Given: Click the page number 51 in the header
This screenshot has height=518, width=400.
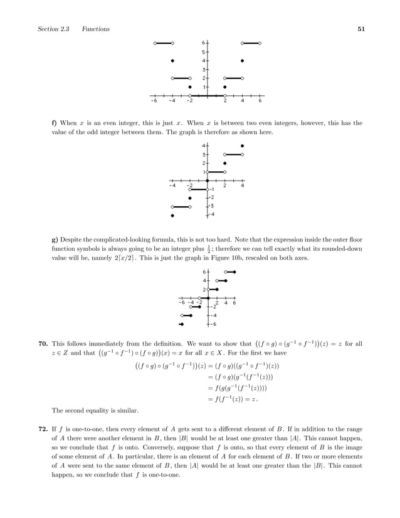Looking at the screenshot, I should tap(361, 29).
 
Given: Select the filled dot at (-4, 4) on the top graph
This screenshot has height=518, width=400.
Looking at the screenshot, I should tap(172, 61).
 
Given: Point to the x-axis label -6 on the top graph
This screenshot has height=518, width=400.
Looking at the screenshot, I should tap(154, 100).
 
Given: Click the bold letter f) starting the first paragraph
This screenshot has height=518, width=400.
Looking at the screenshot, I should tap(54, 124).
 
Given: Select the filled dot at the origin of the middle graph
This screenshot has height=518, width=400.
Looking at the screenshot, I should tap(208, 181).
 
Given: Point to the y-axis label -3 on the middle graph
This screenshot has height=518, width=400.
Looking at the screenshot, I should tap(213, 206).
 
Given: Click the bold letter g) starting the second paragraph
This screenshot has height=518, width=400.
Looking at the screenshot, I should tap(54, 239).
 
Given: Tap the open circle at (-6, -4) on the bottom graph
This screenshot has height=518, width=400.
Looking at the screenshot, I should tap(182, 315).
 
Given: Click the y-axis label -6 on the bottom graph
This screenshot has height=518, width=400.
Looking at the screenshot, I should tap(214, 325).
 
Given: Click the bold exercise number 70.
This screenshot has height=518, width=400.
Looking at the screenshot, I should tap(43, 344).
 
